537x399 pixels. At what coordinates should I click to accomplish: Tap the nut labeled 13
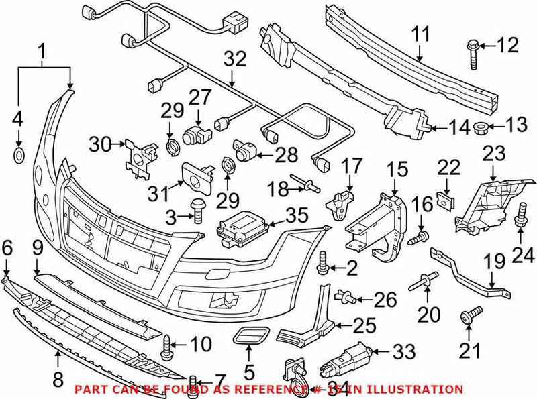(481, 127)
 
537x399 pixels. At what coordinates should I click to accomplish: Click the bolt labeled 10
(167, 346)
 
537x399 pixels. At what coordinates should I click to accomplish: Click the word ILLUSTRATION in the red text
(416, 389)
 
